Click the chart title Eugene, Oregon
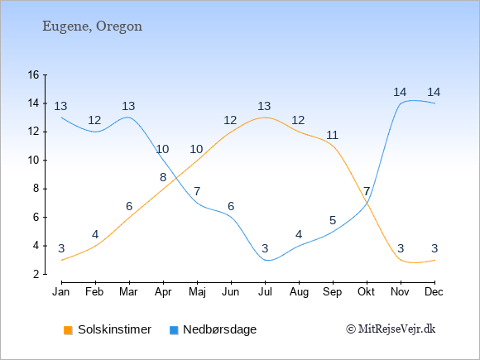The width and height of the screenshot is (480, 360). point(92,26)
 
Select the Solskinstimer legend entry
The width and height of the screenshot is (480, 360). point(108,329)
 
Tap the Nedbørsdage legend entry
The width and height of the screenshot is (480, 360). point(213,329)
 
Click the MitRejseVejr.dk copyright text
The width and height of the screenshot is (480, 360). point(391,329)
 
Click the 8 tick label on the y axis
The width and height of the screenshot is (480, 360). point(36,188)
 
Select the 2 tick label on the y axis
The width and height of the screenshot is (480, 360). point(36,274)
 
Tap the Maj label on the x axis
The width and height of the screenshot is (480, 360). point(197,292)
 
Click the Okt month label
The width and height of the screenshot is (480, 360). point(366,292)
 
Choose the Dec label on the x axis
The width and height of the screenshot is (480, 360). point(434,292)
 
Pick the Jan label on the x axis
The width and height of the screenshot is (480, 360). point(61,292)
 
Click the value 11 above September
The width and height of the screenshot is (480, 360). point(332,135)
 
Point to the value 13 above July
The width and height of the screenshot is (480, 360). point(264,106)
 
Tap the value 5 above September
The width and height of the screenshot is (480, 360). point(333,220)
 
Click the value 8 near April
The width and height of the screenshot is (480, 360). point(163,177)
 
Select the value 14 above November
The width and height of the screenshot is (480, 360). point(400,92)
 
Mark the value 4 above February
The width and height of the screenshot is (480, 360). point(95,235)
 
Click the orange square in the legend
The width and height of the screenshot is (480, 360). point(68,330)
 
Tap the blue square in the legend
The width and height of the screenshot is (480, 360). point(174,330)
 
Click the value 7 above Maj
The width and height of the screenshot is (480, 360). point(197,192)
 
